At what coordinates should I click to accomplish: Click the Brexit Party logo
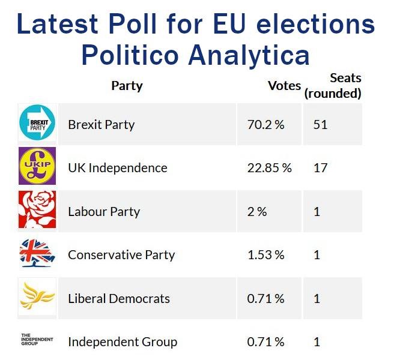click(x=37, y=124)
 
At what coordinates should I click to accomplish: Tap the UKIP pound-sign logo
click(x=37, y=166)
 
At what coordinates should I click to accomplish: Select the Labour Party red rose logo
click(x=37, y=210)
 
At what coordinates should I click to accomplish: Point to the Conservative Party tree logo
click(x=37, y=254)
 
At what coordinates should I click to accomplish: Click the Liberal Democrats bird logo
click(x=37, y=297)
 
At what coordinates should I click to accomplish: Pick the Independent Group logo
click(x=37, y=340)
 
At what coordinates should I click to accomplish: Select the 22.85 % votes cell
click(x=269, y=168)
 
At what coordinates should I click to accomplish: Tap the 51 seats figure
click(x=320, y=125)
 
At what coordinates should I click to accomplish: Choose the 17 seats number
click(x=320, y=168)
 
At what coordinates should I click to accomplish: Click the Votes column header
click(x=284, y=86)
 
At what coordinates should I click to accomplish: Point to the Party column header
click(x=127, y=86)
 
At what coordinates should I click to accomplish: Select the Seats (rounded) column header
click(x=333, y=86)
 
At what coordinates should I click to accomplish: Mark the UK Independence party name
click(x=118, y=168)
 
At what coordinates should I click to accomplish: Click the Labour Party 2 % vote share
click(x=257, y=212)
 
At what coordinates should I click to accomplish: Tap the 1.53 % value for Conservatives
click(x=265, y=255)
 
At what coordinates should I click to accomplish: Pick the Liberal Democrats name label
click(x=119, y=298)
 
